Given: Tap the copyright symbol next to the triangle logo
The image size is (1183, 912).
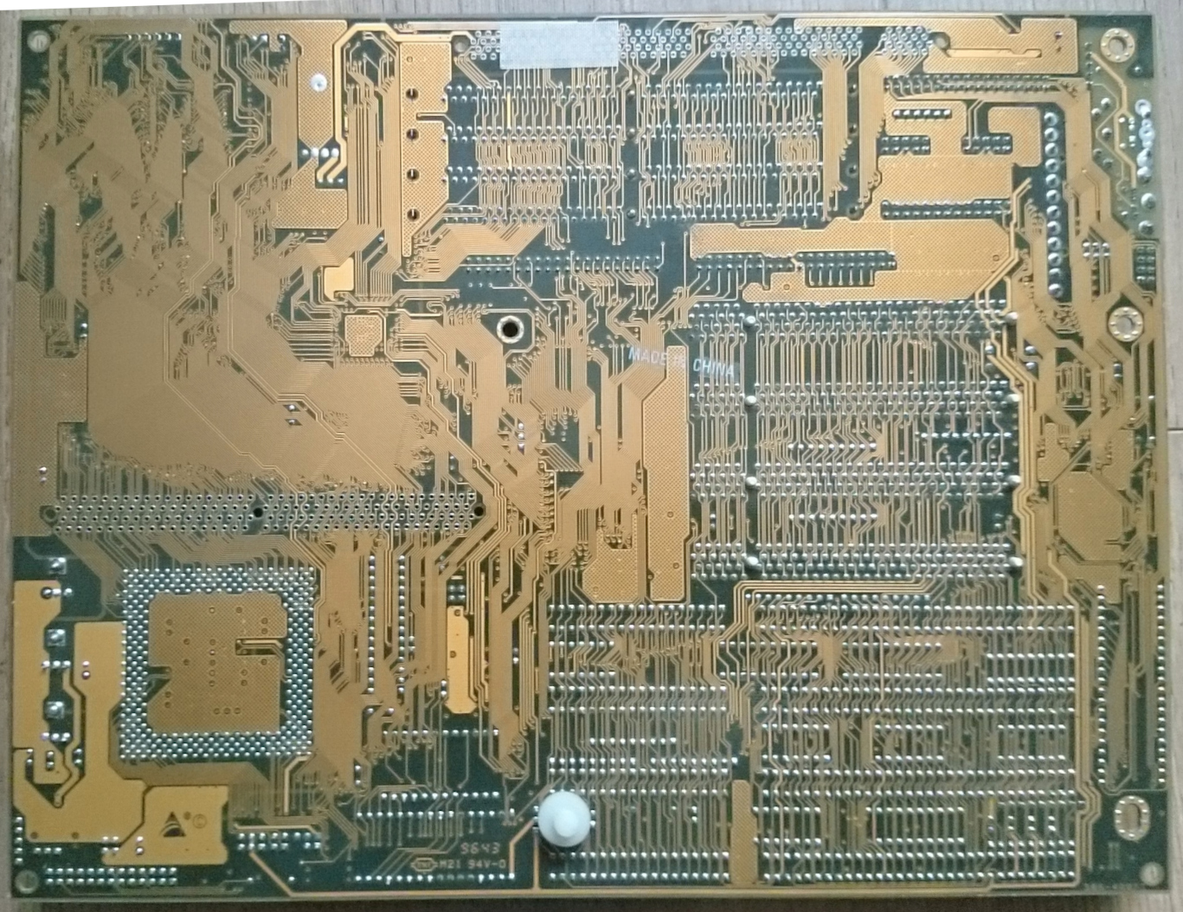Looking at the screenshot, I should [x=197, y=819].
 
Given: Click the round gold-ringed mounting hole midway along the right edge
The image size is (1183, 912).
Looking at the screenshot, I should [x=1126, y=324].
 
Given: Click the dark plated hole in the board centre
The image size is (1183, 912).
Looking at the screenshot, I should [x=509, y=329].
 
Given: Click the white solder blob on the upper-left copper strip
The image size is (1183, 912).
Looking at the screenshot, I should [x=318, y=84].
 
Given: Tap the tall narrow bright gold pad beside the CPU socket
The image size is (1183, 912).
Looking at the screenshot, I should [x=460, y=658].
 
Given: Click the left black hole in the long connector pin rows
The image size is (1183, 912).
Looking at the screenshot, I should [x=257, y=511].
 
